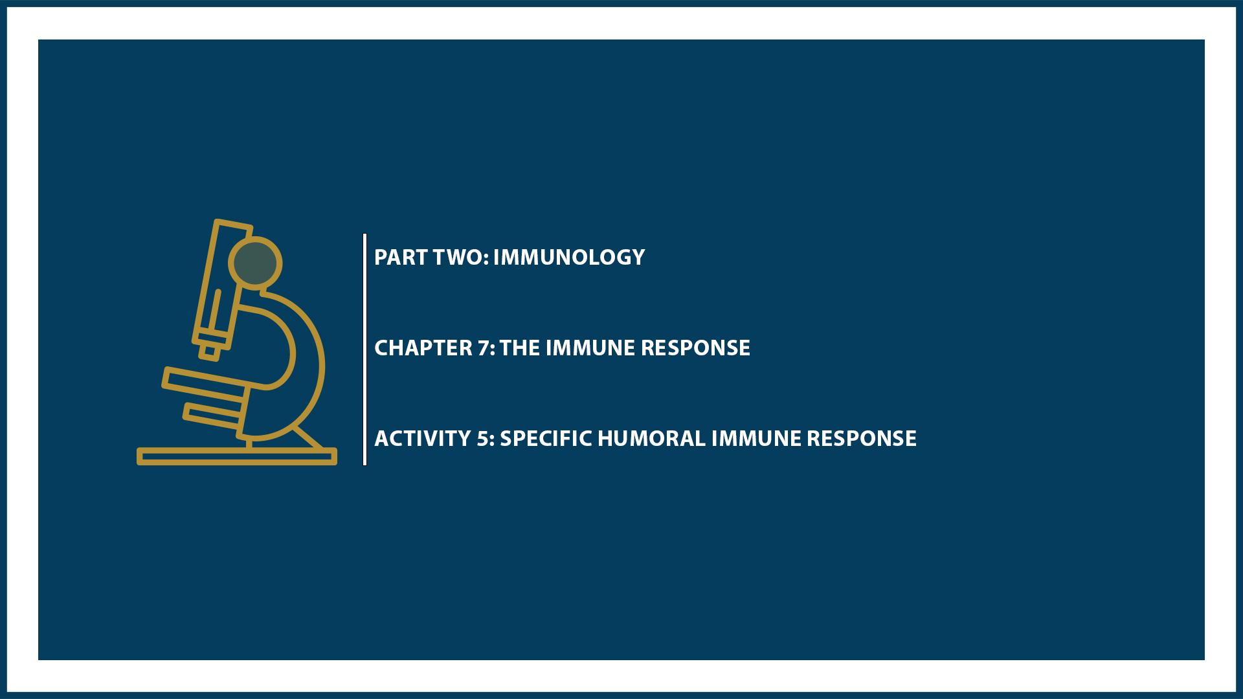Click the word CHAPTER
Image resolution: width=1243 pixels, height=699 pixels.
423,348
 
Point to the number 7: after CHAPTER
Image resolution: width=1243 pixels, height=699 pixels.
486,348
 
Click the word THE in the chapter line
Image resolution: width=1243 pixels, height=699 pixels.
520,348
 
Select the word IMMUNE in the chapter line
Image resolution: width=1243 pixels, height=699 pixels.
590,348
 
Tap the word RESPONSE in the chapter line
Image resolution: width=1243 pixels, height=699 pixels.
695,348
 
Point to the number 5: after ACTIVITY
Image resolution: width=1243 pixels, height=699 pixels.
486,439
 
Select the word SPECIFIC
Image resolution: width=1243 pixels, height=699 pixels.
546,439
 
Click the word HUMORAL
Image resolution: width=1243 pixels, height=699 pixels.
651,439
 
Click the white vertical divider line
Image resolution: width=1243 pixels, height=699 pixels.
365,349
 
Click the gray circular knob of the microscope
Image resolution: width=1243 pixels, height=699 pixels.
255,263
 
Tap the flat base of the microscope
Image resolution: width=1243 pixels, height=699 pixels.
236,457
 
